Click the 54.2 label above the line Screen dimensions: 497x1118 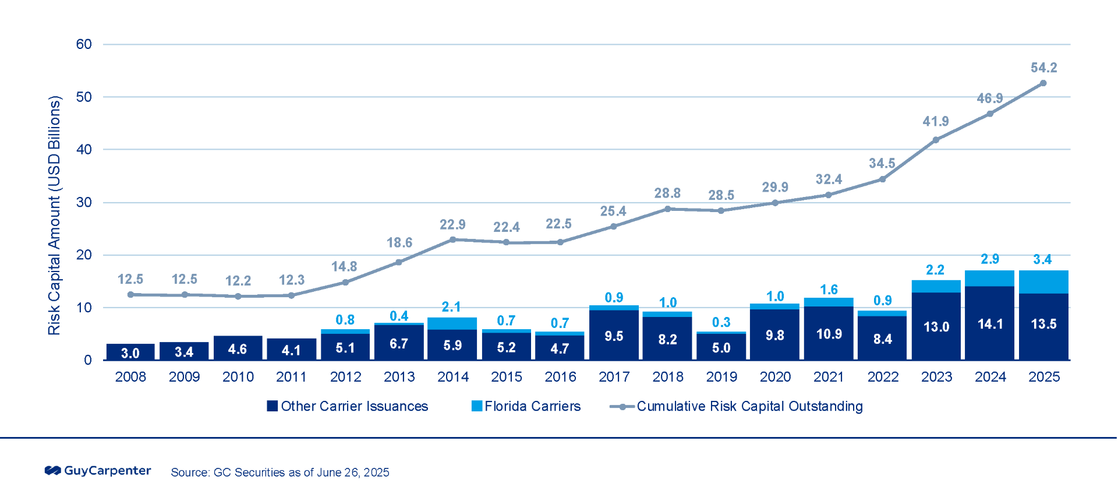(1043, 68)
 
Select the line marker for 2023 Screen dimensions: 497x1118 (936, 140)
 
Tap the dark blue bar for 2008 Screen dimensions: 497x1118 (130, 352)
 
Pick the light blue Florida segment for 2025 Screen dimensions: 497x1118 (1043, 282)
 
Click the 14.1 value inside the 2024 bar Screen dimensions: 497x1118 (990, 324)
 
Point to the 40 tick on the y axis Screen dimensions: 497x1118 (84, 150)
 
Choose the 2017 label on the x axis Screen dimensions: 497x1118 (614, 377)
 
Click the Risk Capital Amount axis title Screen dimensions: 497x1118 (54, 216)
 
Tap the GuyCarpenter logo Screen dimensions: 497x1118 (98, 471)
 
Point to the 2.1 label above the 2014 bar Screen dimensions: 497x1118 (451, 307)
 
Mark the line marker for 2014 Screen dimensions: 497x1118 (452, 239)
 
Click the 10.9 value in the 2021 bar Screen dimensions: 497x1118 (829, 334)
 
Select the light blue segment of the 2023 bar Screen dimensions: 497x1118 (936, 286)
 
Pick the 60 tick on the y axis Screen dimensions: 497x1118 (84, 44)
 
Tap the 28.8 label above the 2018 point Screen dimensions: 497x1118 (667, 193)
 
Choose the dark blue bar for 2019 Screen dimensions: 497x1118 (721, 347)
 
